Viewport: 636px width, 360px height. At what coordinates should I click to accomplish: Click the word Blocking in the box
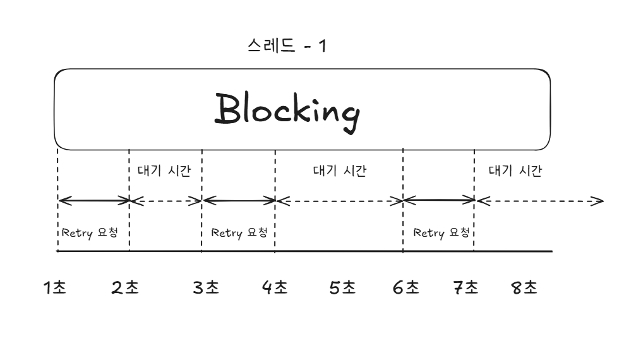(289, 110)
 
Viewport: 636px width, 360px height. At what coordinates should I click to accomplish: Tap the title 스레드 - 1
(288, 46)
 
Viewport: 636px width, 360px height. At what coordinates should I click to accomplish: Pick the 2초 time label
(125, 288)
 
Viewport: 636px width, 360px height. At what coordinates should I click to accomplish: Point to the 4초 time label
(275, 288)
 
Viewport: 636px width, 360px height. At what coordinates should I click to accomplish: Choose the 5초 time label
(343, 288)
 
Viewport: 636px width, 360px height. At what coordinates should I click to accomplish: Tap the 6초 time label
(405, 288)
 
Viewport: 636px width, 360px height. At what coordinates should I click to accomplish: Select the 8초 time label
(524, 288)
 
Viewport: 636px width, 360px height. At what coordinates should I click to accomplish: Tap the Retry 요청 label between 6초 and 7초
(441, 232)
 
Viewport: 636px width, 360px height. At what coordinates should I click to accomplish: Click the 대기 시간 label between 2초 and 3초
(164, 172)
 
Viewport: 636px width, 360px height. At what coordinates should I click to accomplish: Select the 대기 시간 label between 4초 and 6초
(340, 171)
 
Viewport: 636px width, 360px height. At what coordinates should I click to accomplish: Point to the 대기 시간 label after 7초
(515, 171)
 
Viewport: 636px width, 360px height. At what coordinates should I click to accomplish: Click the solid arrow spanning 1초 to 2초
(93, 201)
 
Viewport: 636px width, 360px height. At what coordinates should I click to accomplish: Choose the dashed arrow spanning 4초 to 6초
(339, 201)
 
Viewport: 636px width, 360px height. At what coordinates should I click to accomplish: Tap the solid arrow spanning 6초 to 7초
(439, 201)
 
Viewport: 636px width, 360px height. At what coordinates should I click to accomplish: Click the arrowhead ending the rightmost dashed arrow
(598, 202)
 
